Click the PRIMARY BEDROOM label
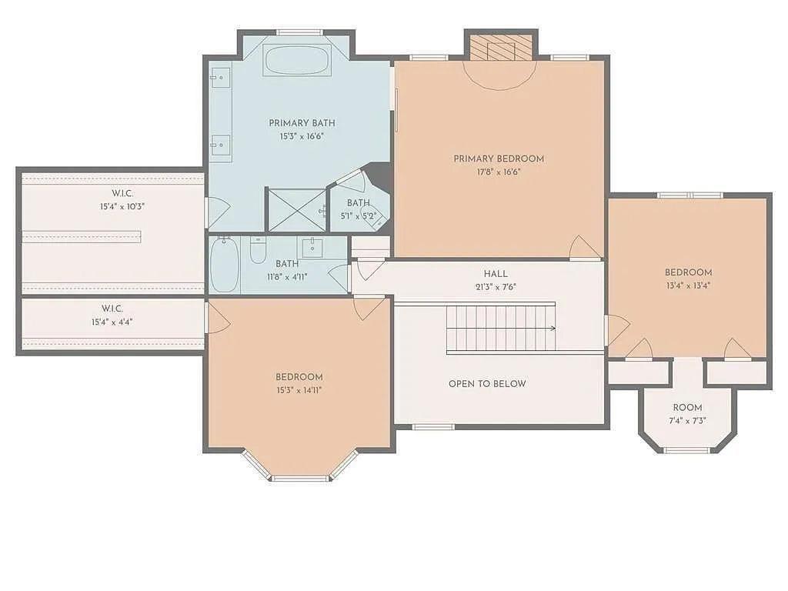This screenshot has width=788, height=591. (x=499, y=159)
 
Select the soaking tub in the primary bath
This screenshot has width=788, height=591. (x=297, y=59)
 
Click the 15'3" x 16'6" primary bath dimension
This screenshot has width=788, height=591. (x=302, y=136)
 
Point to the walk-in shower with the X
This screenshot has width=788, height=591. (x=296, y=209)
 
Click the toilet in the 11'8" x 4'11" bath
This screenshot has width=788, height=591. (x=258, y=249)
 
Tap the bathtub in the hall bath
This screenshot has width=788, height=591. (x=225, y=264)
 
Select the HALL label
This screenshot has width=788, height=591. (x=496, y=273)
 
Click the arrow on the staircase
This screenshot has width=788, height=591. (x=551, y=328)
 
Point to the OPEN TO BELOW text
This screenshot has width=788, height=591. (x=487, y=383)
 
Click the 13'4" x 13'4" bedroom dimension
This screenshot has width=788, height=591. (x=688, y=285)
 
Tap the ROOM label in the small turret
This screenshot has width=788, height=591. (x=687, y=407)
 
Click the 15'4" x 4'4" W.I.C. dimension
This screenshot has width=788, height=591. (x=112, y=322)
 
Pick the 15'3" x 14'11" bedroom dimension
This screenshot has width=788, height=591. (x=299, y=389)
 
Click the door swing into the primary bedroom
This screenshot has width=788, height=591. (x=585, y=248)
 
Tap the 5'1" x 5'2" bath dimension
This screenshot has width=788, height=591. (x=358, y=215)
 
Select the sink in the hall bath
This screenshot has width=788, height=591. (x=312, y=246)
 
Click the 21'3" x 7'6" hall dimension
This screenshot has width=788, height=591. (x=496, y=286)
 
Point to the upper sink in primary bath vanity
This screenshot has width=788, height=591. (x=220, y=78)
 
